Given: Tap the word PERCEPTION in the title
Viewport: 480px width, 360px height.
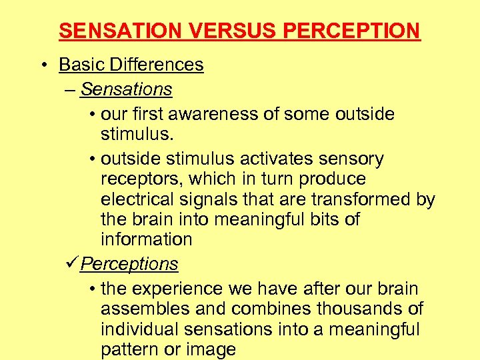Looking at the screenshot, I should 345,31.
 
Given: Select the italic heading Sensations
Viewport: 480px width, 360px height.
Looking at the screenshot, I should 126,89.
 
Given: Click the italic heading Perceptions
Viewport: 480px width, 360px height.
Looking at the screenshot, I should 129,264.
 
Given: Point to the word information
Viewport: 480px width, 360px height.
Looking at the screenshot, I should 146,239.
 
